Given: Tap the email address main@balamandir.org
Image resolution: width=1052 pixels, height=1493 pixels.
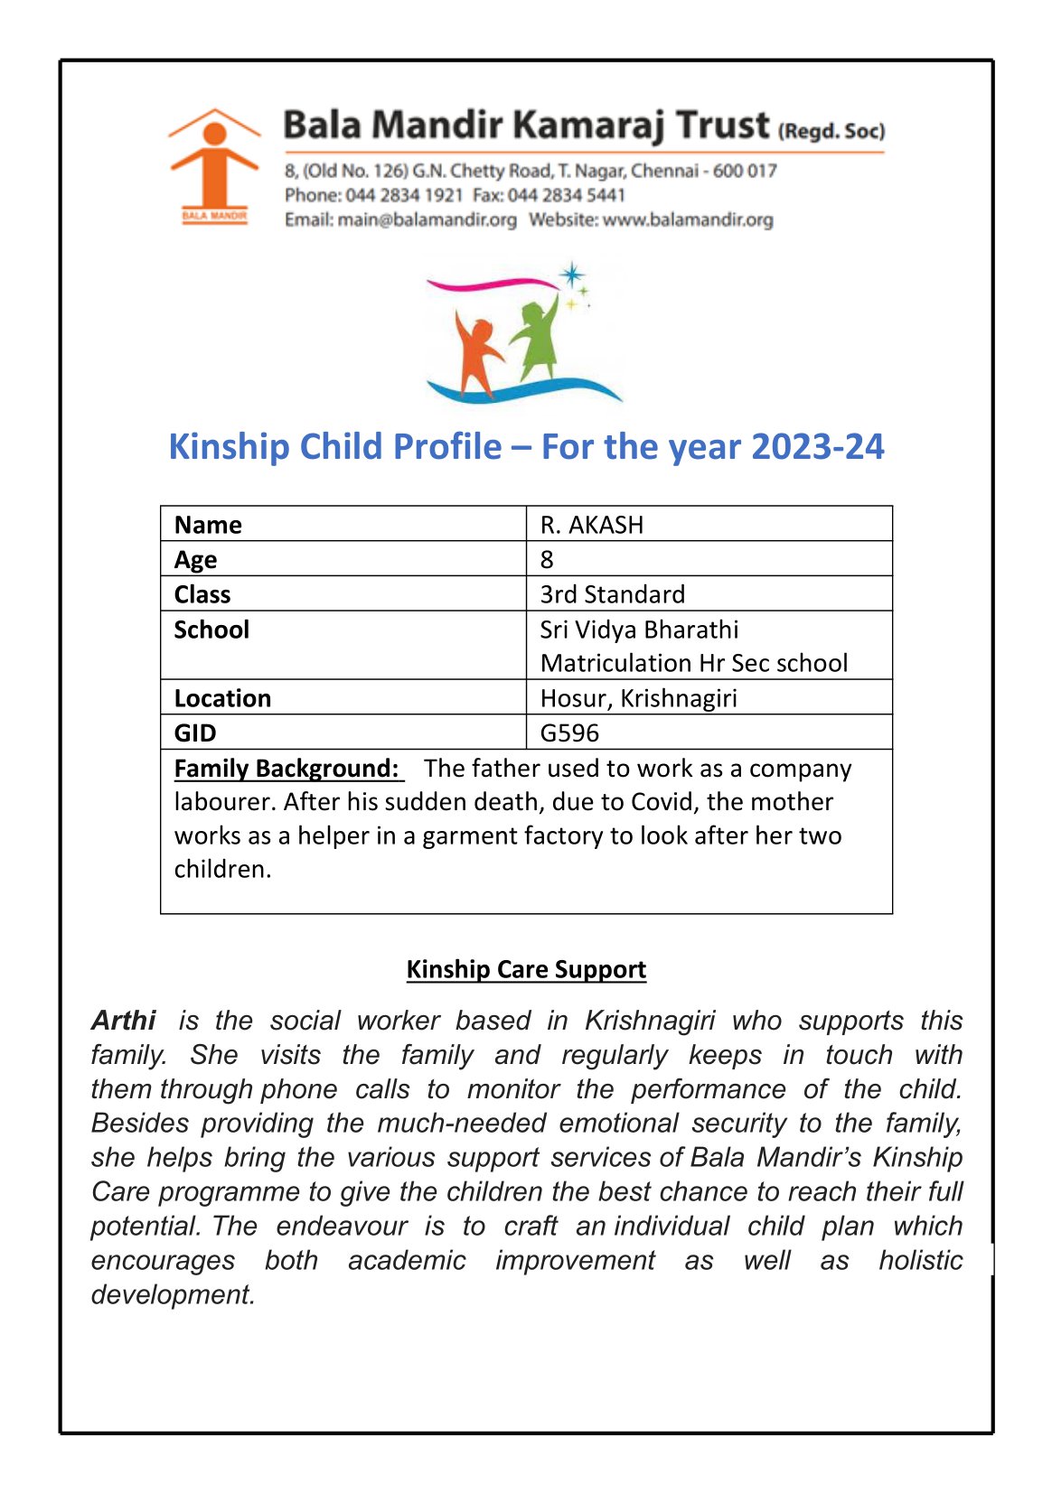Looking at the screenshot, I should point(427,219).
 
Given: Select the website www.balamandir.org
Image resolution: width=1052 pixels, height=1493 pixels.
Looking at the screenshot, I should point(688,219).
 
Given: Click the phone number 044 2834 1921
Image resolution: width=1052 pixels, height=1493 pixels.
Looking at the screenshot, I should point(404,195).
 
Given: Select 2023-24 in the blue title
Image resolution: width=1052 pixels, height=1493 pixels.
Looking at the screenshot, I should point(817,446).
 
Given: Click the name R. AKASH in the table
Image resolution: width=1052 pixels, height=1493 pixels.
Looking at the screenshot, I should point(592,525).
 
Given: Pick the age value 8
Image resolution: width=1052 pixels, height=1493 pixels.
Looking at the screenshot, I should point(547,560).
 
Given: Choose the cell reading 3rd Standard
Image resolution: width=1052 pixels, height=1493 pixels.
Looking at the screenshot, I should point(613,594).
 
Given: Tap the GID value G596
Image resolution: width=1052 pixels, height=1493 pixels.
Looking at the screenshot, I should point(569,733).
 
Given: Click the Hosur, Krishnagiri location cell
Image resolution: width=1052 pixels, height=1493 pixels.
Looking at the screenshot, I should point(638,698).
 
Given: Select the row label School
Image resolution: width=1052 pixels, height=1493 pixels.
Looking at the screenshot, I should point(211,630).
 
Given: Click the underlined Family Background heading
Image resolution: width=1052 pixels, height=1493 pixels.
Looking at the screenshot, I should point(286,769).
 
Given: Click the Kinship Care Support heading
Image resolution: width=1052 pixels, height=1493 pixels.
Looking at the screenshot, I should point(526,969).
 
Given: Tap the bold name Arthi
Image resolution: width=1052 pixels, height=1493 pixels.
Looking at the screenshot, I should point(124,1021).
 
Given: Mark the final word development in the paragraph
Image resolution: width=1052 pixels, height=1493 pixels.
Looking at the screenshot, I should point(172,1294).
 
